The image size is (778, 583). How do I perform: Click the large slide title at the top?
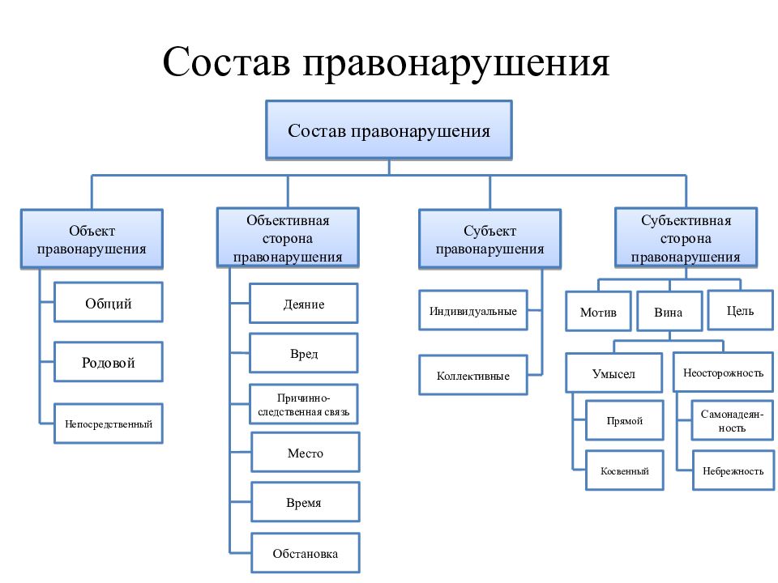click(386, 63)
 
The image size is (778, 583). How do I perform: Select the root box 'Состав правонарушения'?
click(389, 130)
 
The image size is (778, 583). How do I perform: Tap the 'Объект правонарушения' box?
click(92, 240)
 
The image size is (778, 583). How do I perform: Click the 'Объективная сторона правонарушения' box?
click(288, 238)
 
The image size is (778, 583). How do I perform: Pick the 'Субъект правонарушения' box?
click(489, 240)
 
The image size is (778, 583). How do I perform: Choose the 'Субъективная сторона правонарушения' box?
click(686, 238)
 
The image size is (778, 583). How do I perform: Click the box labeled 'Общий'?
click(108, 302)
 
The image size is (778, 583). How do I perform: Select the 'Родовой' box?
click(108, 362)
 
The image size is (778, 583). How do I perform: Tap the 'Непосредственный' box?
click(108, 423)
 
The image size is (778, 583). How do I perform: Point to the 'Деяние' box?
click(304, 304)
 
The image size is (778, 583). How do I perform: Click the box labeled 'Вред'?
click(304, 353)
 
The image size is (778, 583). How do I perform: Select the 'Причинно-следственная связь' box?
click(304, 404)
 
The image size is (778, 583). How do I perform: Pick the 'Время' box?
click(306, 502)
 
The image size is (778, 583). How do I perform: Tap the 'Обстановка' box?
click(306, 553)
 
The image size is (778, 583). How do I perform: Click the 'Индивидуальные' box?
click(472, 310)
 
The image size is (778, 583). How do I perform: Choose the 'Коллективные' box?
click(472, 375)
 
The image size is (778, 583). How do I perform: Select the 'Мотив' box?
click(598, 311)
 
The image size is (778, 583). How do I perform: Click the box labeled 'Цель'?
click(740, 310)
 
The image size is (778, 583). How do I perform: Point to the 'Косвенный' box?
click(625, 470)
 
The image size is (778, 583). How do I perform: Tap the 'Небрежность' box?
click(733, 470)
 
